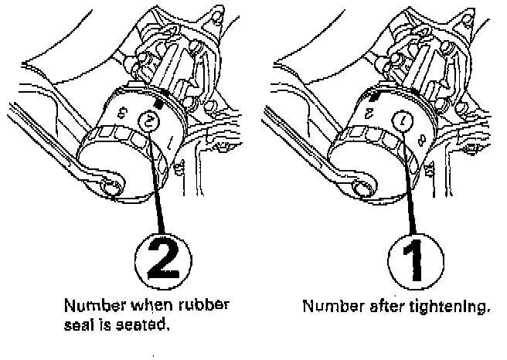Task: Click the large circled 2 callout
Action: pos(162,261)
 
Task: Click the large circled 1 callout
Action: pos(416,261)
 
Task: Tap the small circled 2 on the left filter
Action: pos(148,121)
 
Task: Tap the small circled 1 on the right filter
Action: pos(403,121)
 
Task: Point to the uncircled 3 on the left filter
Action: pos(123,113)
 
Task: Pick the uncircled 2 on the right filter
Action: pos(369,114)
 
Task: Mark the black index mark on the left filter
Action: pos(158,104)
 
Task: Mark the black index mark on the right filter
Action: pos(374,97)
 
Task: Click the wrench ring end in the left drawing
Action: pos(111,186)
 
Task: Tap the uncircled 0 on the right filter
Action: pos(422,140)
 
